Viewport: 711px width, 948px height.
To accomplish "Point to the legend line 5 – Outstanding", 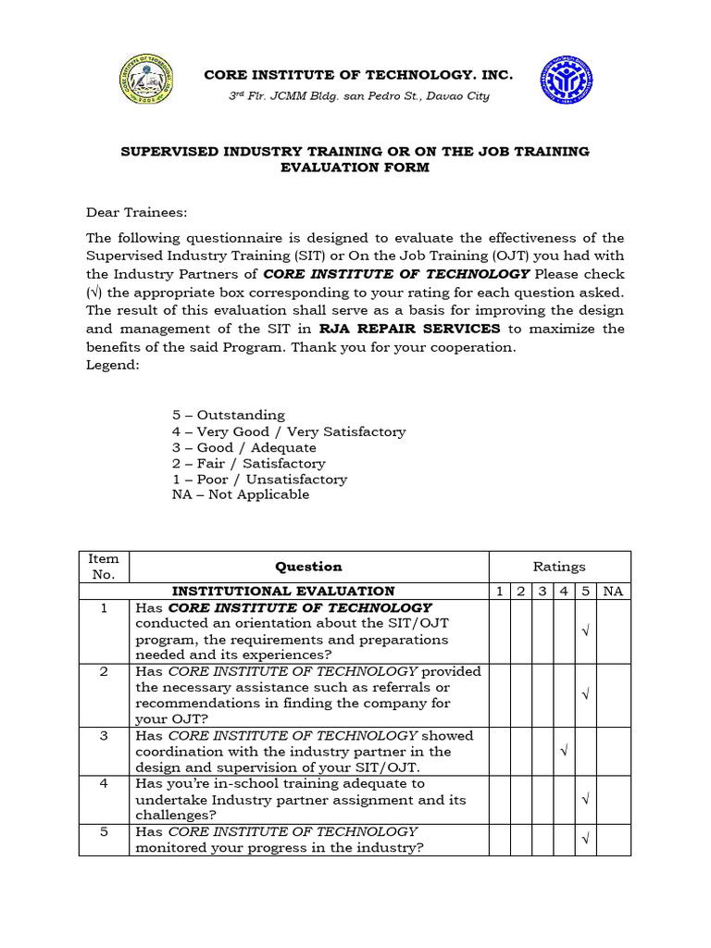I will [229, 415].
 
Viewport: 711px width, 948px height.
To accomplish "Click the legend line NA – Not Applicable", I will [241, 494].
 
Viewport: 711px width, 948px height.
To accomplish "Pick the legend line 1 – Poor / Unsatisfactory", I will [259, 479].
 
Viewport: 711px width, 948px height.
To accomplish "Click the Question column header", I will [308, 567].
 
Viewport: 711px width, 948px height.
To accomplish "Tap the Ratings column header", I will [559, 567].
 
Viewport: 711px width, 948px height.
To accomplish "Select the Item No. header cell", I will [104, 567].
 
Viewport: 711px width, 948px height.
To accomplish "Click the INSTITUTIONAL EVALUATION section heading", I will [283, 591].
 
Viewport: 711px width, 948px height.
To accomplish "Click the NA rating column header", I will [613, 591].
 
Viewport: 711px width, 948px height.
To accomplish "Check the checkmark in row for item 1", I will [585, 631].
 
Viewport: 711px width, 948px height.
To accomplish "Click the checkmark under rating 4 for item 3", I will [564, 752].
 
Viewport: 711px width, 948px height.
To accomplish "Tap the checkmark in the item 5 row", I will [585, 840].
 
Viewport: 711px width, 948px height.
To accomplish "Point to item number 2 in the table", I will [104, 671].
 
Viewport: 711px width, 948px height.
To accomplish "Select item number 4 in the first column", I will [104, 783].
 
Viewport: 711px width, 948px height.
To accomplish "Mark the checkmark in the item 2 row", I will [585, 695].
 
